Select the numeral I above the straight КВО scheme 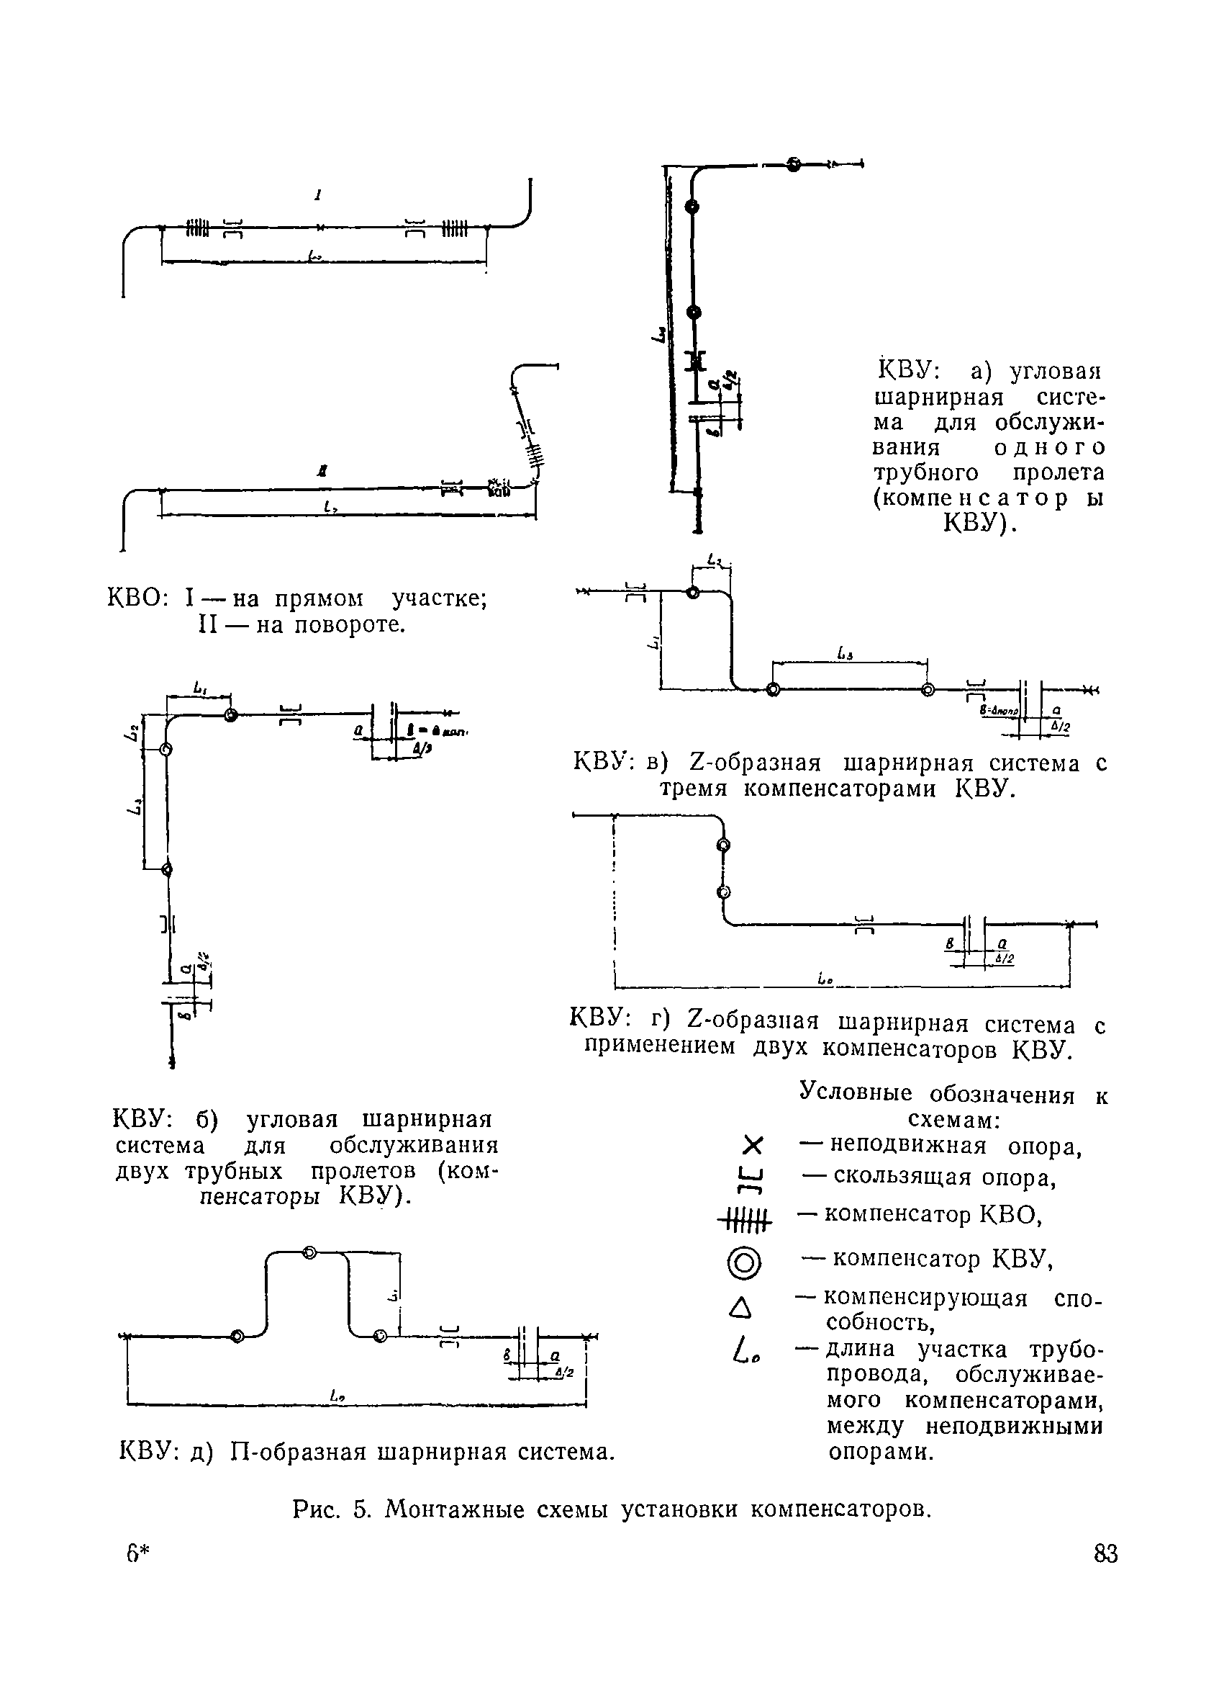click(319, 196)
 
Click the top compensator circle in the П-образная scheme click(309, 1252)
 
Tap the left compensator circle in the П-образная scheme click(237, 1336)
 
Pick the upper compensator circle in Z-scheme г click(723, 845)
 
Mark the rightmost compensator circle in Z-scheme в click(928, 690)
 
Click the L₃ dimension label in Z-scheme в click(843, 655)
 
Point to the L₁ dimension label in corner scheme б click(199, 687)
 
